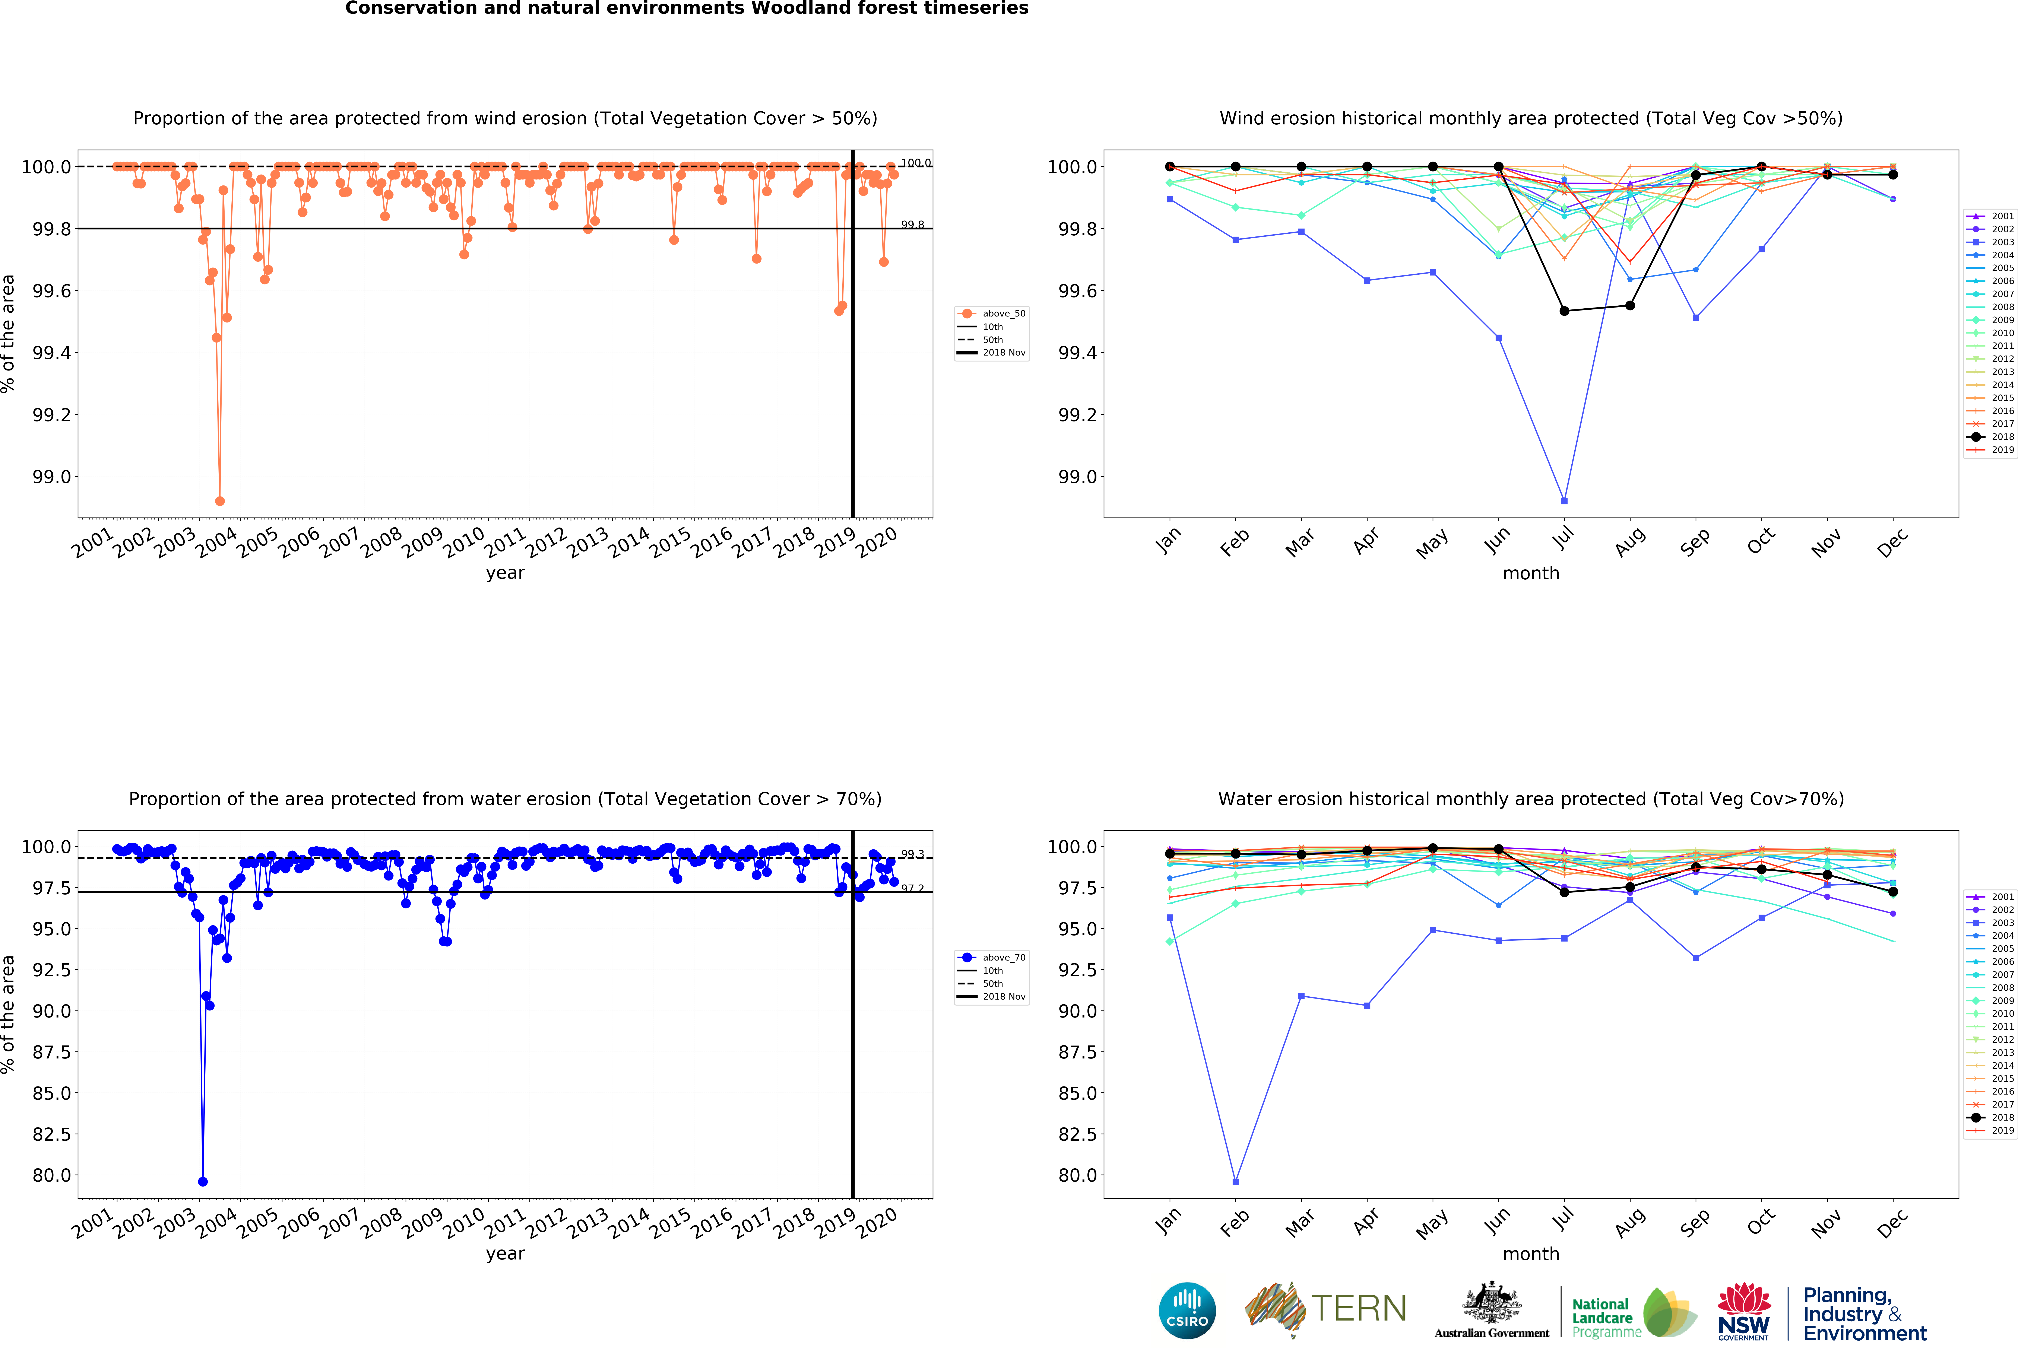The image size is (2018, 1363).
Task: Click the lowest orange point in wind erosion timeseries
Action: pyautogui.click(x=220, y=501)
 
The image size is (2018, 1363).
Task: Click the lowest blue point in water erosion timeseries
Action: pyautogui.click(x=202, y=1182)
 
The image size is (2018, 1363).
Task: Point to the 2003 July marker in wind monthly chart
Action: pyautogui.click(x=1564, y=501)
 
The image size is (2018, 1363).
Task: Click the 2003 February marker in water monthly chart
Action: pyautogui.click(x=1236, y=1182)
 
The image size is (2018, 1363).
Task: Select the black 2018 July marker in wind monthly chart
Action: pyautogui.click(x=1564, y=311)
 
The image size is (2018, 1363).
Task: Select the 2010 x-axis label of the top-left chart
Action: pyautogui.click(x=464, y=542)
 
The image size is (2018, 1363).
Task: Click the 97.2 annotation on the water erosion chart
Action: pyautogui.click(x=912, y=888)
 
